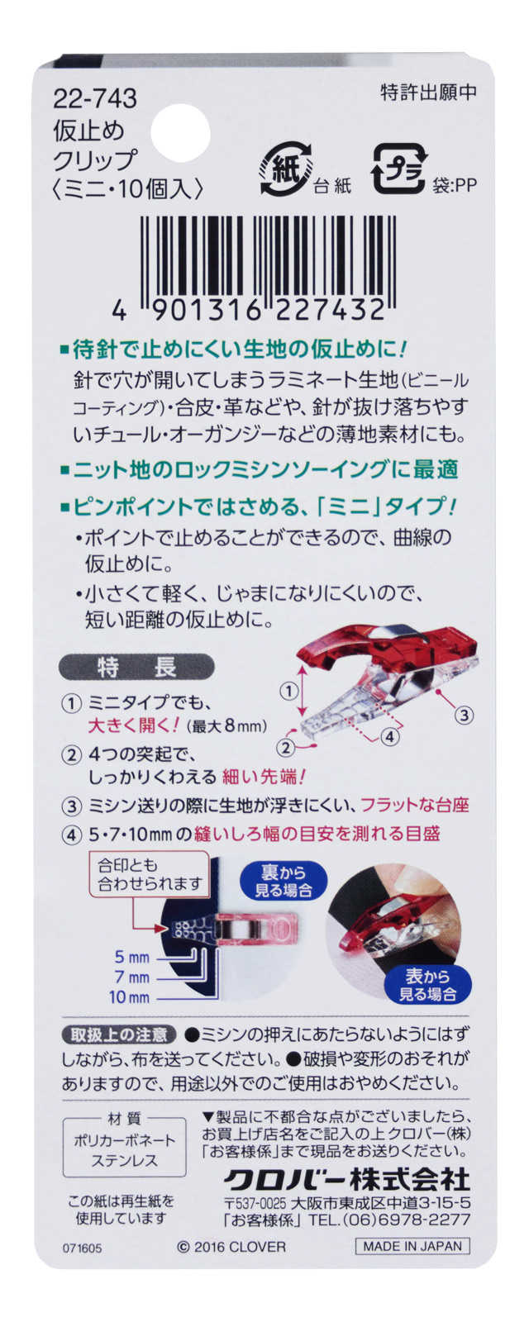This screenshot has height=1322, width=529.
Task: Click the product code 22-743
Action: coord(95,99)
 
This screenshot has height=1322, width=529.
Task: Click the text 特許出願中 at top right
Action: coord(428,92)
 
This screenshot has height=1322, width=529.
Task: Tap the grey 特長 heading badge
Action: coord(136,666)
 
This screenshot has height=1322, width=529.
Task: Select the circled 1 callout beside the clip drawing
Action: coord(288,690)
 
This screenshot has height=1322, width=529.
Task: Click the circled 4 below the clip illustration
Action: coord(389,735)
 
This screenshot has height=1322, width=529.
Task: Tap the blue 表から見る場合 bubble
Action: coord(427,985)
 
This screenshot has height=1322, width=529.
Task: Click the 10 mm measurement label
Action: coord(130,997)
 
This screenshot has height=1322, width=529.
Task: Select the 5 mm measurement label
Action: coord(132,957)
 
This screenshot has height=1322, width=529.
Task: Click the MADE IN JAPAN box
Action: coord(412,1246)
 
